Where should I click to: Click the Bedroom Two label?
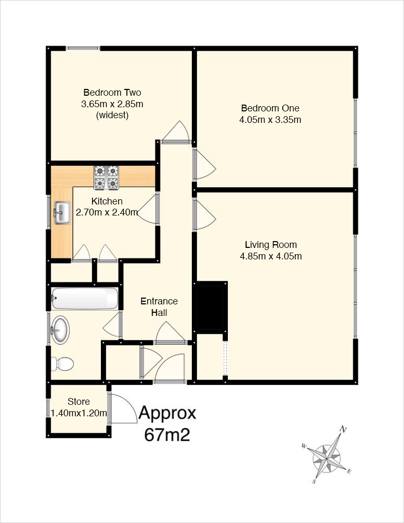112,93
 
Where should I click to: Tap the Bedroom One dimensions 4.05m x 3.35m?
270,120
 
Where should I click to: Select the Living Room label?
271,245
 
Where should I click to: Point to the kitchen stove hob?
107,177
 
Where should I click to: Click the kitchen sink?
62,212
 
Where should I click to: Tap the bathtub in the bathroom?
85,298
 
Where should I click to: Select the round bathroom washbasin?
60,330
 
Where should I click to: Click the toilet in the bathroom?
62,363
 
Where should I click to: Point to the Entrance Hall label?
159,307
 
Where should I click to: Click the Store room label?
79,402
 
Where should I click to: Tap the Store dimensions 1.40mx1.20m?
79,413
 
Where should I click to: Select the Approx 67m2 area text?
167,424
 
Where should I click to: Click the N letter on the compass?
342,429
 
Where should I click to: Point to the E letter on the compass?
349,471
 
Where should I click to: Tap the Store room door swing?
123,408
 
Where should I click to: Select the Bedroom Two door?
175,132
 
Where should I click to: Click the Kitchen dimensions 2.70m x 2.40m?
107,212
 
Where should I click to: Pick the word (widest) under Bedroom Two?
112,116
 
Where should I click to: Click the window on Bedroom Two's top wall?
83,48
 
